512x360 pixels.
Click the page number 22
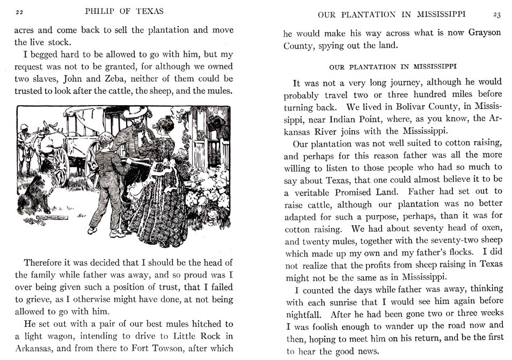[x=19, y=12]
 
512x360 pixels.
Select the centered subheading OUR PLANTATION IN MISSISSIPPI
[x=392, y=67]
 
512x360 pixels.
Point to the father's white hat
[x=135, y=112]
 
